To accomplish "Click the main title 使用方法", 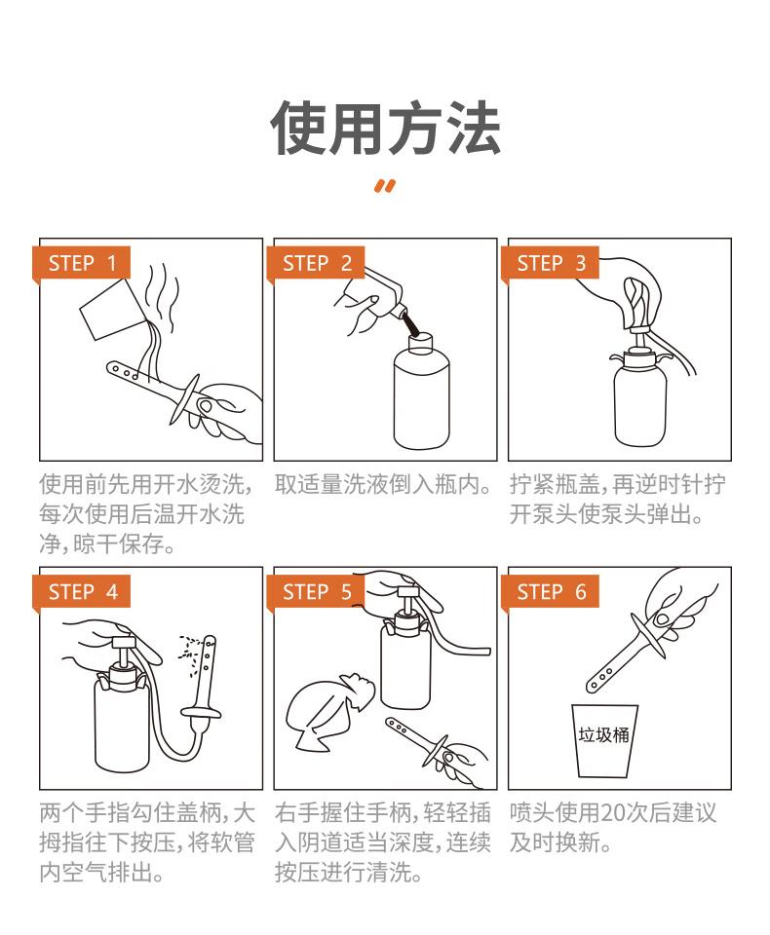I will (x=385, y=129).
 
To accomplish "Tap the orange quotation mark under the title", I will (x=385, y=187).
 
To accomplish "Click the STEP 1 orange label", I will (x=82, y=263).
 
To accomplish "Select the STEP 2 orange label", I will (x=317, y=263).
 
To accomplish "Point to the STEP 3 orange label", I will (x=552, y=263).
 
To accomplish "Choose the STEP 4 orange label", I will (x=82, y=592).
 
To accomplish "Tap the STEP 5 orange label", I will (x=317, y=592).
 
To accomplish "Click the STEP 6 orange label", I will (x=552, y=592).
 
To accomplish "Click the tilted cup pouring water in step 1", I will (x=109, y=312).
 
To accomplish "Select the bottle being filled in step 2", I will (x=421, y=394).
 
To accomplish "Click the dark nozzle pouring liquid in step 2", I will (x=412, y=322).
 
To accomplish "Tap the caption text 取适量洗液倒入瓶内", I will (x=382, y=484).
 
